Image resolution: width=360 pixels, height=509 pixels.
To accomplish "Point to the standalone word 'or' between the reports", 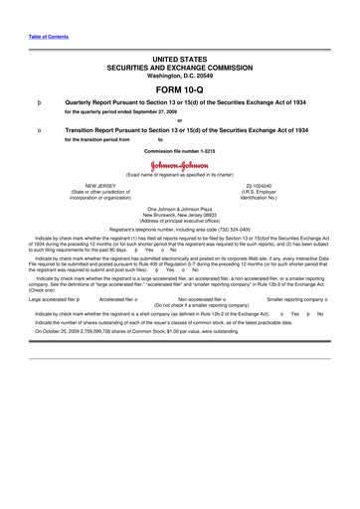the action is click(x=179, y=120).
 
